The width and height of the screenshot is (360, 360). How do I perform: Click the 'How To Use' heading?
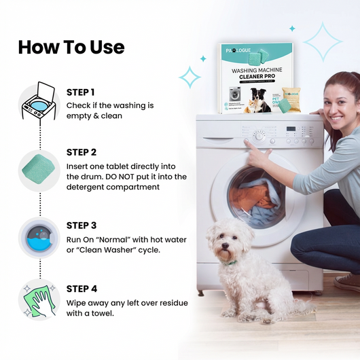[71, 47]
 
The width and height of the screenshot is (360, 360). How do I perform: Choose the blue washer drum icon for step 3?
[38, 238]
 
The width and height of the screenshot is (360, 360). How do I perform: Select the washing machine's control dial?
[259, 135]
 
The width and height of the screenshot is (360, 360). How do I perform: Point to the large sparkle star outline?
[322, 41]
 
